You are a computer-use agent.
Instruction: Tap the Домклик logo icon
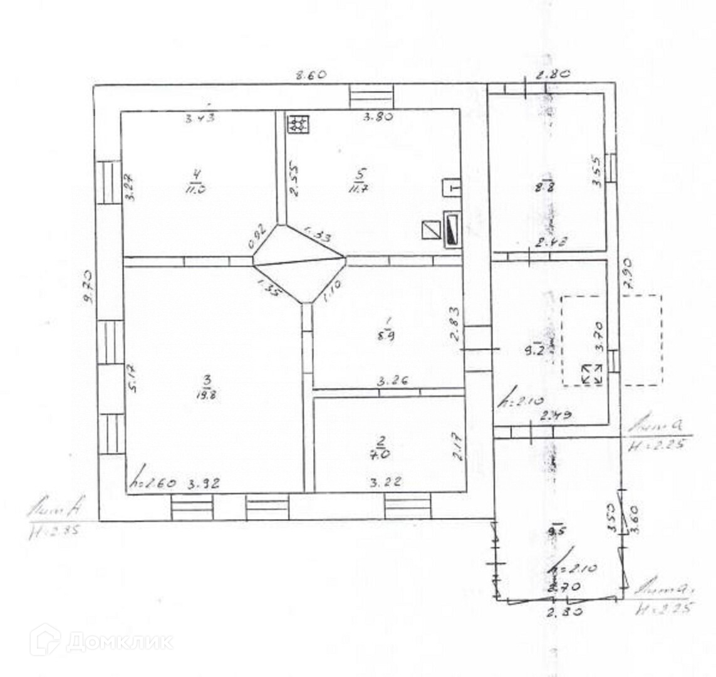pyautogui.click(x=44, y=640)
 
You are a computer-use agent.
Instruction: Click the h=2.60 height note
pyautogui.click(x=152, y=483)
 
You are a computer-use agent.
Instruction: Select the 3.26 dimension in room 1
pyautogui.click(x=388, y=380)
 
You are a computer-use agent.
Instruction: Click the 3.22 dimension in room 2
pyautogui.click(x=385, y=483)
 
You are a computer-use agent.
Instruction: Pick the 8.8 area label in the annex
pyautogui.click(x=550, y=186)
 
